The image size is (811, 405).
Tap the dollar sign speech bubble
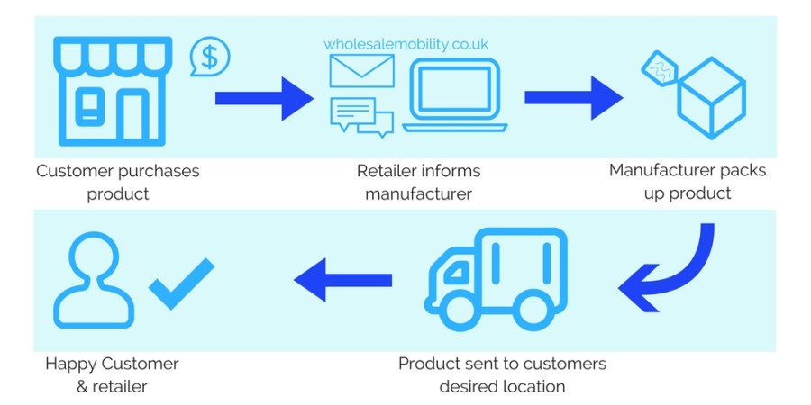(209, 58)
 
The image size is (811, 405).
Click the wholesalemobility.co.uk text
(406, 42)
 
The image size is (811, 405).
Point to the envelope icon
(361, 71)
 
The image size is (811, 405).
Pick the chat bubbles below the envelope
(361, 116)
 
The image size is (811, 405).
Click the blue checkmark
(180, 283)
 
